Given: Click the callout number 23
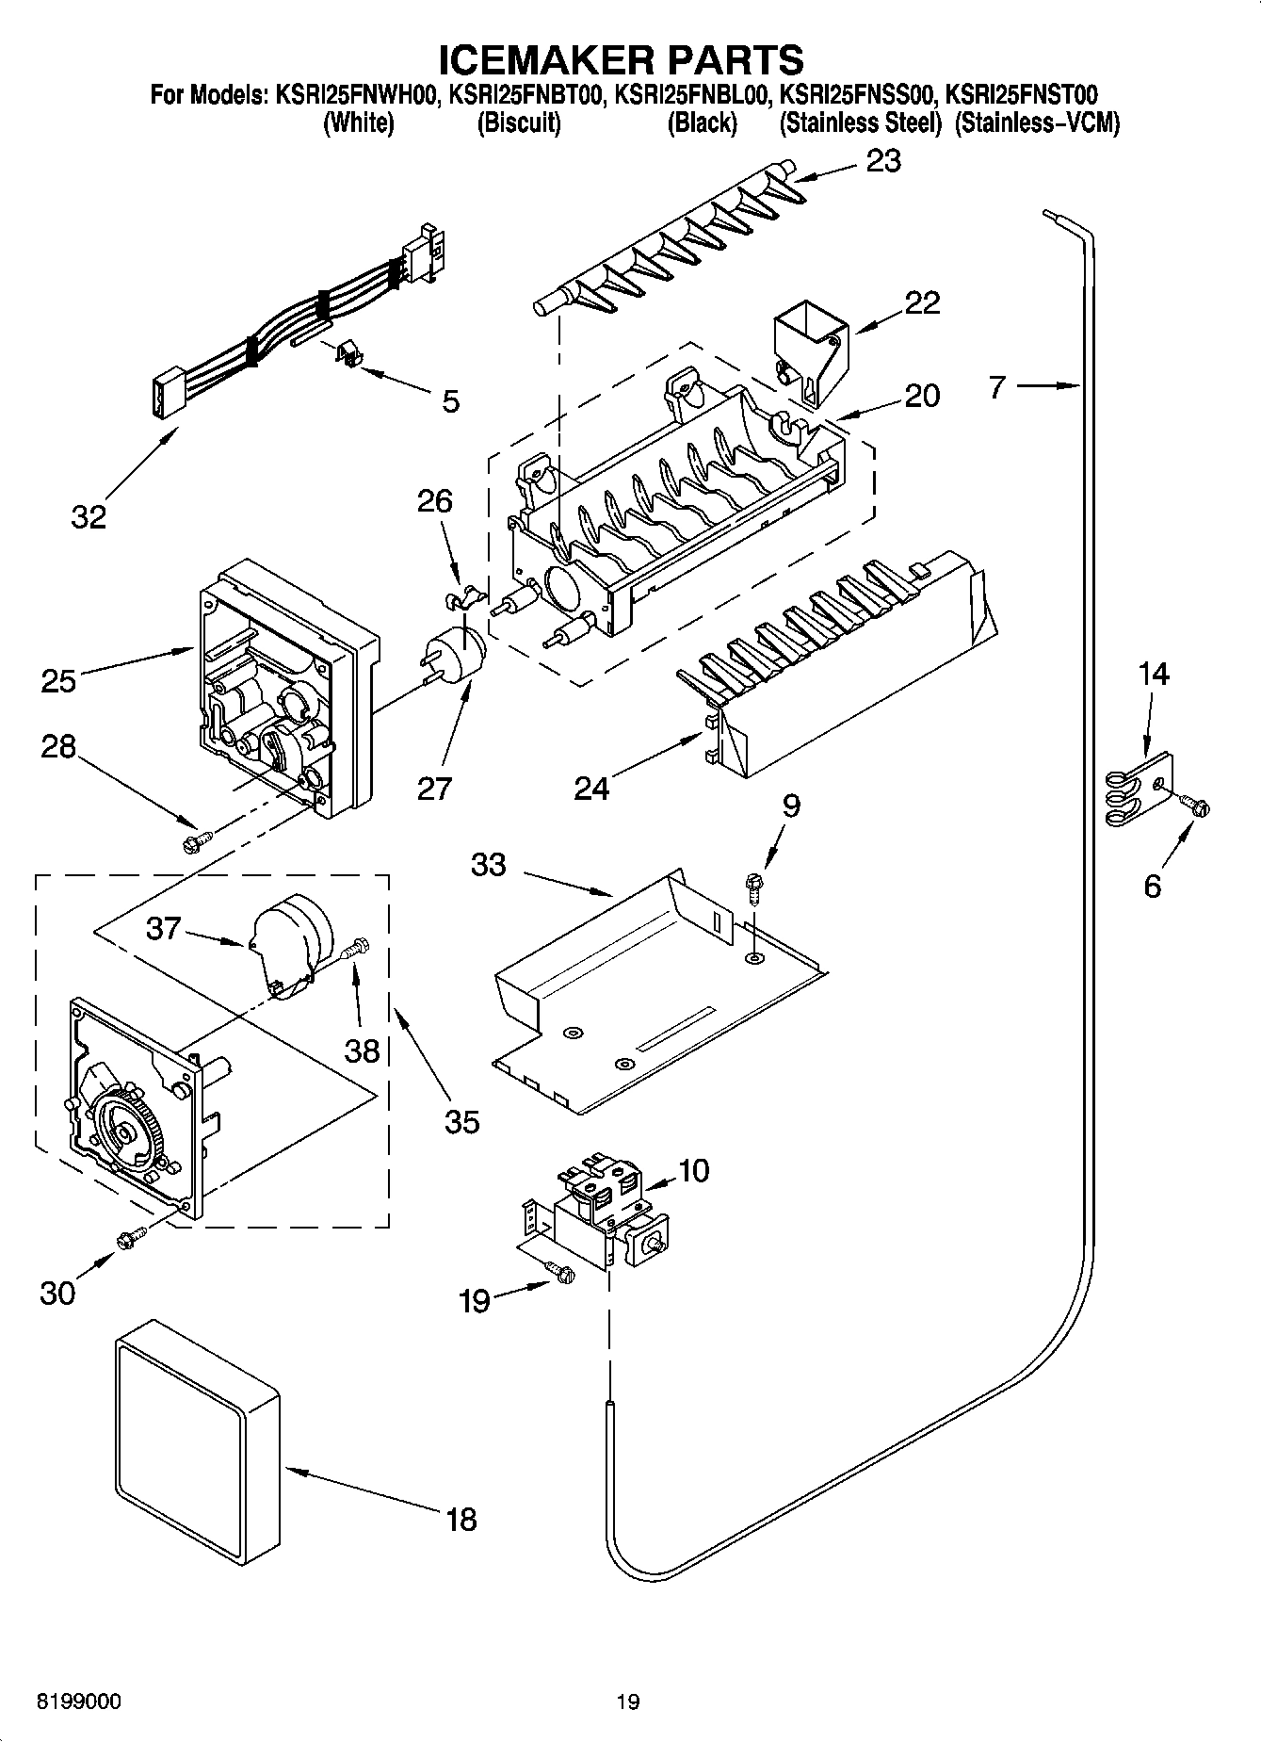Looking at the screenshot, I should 883,161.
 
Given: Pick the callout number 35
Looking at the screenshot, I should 461,1121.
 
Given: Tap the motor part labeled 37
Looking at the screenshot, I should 286,937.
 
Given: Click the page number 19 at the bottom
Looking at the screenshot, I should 627,1701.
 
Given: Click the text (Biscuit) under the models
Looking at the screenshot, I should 519,123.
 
